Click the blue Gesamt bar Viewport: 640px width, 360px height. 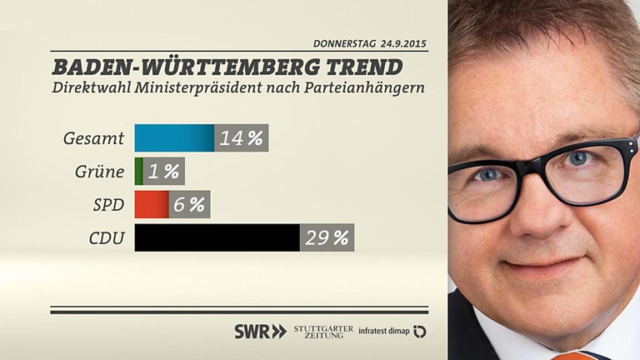174,138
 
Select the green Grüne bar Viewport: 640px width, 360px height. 139,172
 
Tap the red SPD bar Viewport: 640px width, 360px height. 152,204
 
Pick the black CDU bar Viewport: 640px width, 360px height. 217,237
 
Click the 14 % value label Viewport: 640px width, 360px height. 242,138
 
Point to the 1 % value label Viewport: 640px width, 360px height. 164,172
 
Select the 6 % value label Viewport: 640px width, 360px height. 189,204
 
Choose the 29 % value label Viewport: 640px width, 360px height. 327,237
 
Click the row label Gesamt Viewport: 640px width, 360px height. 93,138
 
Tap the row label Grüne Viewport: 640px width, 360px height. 99,172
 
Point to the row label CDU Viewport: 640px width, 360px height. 107,238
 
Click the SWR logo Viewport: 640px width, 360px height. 259,331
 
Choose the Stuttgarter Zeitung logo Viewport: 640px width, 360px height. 323,331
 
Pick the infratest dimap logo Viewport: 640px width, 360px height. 392,331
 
